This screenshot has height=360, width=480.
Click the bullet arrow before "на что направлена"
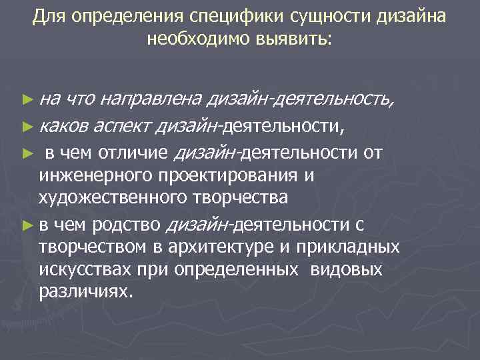tap(27, 100)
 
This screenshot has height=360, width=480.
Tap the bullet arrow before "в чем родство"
tap(27, 225)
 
